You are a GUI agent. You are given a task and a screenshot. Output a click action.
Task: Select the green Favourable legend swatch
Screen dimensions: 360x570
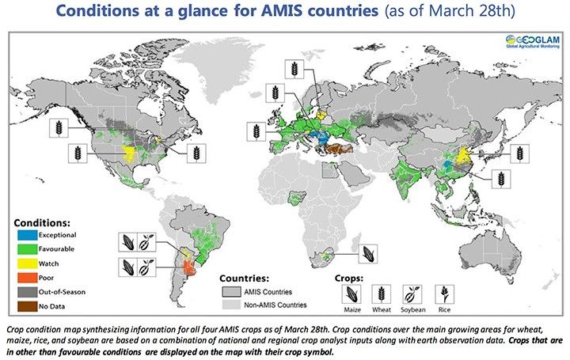(30, 249)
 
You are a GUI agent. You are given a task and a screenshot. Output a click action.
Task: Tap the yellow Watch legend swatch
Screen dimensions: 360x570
(30, 262)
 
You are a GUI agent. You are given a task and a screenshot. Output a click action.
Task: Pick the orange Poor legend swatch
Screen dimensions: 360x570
(30, 276)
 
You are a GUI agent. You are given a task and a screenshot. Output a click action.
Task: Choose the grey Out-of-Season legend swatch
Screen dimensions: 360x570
(30, 290)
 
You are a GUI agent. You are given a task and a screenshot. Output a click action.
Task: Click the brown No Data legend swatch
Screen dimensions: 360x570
(30, 303)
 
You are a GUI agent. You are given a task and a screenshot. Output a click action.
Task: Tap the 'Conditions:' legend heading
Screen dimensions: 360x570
(44, 222)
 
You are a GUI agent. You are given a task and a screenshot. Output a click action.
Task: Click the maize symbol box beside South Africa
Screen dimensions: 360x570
(367, 254)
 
